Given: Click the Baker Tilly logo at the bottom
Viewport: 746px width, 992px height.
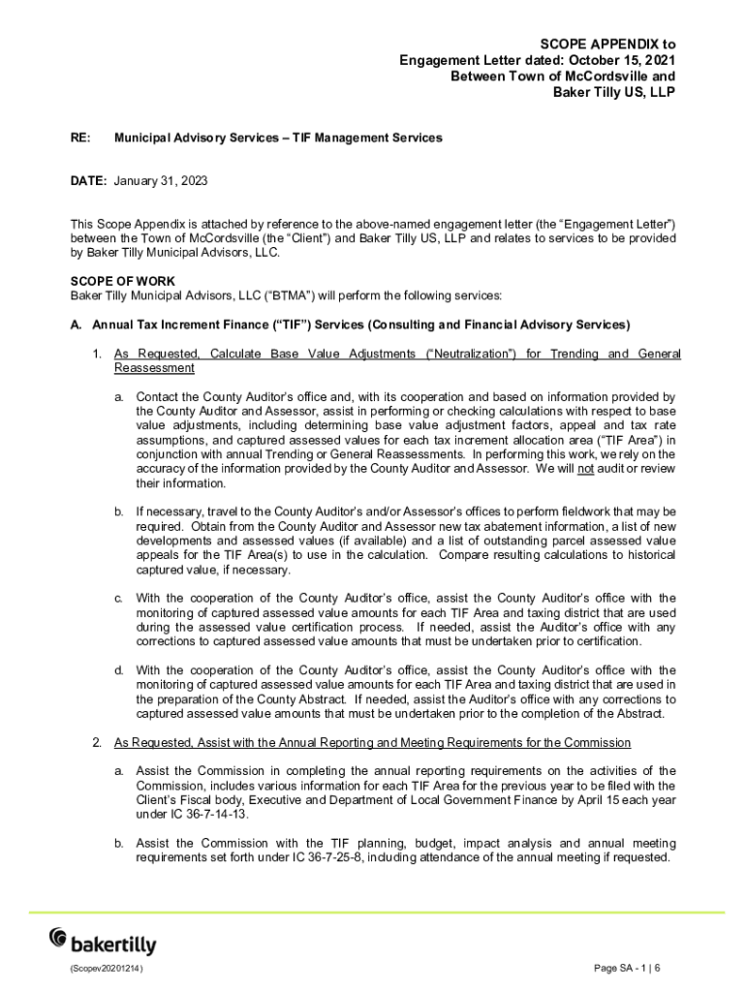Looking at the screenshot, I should pyautogui.click(x=102, y=940).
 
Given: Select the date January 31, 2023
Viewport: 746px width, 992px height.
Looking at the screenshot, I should pyautogui.click(x=161, y=181).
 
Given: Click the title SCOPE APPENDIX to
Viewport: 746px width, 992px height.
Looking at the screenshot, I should pyautogui.click(x=607, y=45).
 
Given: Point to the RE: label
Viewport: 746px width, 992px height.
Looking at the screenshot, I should pyautogui.click(x=80, y=138).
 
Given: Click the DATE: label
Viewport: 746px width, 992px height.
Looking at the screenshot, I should pyautogui.click(x=89, y=181).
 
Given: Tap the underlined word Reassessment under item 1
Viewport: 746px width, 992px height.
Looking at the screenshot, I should pyautogui.click(x=154, y=368).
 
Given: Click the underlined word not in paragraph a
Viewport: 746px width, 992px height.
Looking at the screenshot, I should pyautogui.click(x=585, y=469).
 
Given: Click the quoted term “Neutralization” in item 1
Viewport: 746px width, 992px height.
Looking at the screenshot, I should pyautogui.click(x=471, y=354).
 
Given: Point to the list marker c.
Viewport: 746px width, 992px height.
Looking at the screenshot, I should pyautogui.click(x=118, y=598).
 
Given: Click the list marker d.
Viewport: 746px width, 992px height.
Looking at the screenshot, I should pyautogui.click(x=118, y=670).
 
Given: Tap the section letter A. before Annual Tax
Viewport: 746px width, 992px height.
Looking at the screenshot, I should pyautogui.click(x=76, y=325).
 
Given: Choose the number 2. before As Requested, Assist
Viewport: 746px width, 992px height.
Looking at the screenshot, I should pyautogui.click(x=97, y=742).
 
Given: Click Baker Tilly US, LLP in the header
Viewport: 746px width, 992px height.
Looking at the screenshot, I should pyautogui.click(x=613, y=92).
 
